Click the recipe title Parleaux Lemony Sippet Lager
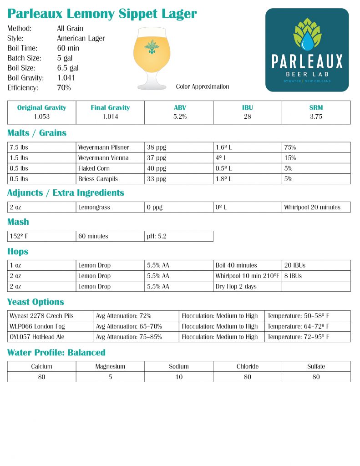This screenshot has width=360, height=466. pyautogui.click(x=102, y=14)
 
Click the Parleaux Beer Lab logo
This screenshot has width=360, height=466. pyautogui.click(x=307, y=50)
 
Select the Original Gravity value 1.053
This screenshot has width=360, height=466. pyautogui.click(x=41, y=116)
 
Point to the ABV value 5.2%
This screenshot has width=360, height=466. pyautogui.click(x=179, y=116)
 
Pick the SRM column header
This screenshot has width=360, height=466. pyautogui.click(x=316, y=108)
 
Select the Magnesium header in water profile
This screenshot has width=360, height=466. pyautogui.click(x=110, y=366)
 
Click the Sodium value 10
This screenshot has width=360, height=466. pyautogui.click(x=179, y=377)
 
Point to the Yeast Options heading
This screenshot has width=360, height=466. pyautogui.click(x=35, y=302)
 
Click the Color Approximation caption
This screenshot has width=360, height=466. pyautogui.click(x=203, y=86)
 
